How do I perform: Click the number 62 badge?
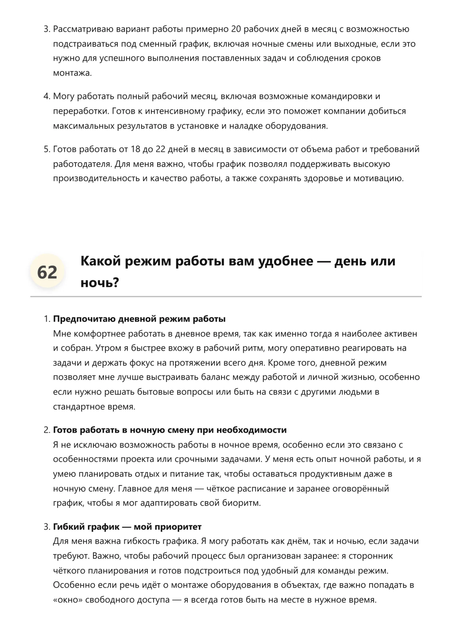click(x=47, y=272)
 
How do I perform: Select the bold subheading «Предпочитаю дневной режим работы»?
click(x=139, y=319)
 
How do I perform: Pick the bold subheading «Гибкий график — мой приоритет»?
click(x=127, y=527)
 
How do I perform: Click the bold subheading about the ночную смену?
click(x=170, y=430)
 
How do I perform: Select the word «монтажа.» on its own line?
click(x=72, y=73)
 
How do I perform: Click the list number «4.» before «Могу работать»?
click(x=47, y=96)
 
